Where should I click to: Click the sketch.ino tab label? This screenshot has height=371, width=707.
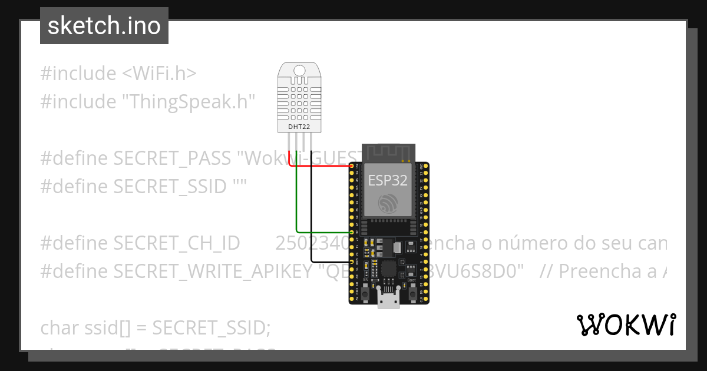point(104,26)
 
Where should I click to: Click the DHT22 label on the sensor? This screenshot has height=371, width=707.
point(299,127)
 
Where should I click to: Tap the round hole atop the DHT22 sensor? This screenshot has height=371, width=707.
point(299,71)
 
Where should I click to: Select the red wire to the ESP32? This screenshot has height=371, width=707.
point(324,166)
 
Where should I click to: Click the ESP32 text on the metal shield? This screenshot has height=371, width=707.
point(388,180)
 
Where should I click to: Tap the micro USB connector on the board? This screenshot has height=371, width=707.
point(389,301)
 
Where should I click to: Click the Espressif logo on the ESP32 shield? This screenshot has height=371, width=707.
point(388,203)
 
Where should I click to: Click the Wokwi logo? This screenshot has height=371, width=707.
point(626,324)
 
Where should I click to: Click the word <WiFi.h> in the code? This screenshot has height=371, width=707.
point(159,74)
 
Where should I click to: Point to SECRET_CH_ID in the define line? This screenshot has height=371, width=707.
point(176,243)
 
